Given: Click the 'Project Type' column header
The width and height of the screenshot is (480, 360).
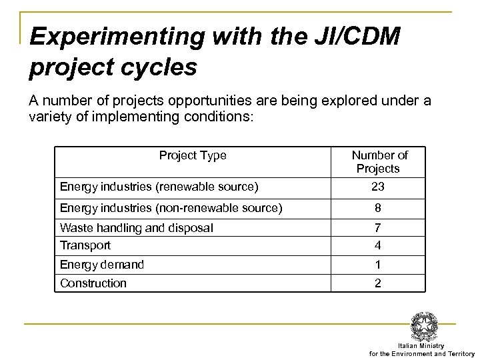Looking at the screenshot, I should pos(192,155).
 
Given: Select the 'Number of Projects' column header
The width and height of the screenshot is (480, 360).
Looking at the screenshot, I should pos(380,161).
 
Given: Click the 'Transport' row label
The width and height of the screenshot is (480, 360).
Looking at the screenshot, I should pos(85,245).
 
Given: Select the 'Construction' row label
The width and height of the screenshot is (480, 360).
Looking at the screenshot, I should pos(93,283).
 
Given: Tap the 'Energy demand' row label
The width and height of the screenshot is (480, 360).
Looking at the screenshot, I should pos(101,265).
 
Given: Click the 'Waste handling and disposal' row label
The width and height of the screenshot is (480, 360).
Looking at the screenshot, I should pos(137,228).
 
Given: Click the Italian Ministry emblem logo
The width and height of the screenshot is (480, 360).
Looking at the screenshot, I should pos(425,326).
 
